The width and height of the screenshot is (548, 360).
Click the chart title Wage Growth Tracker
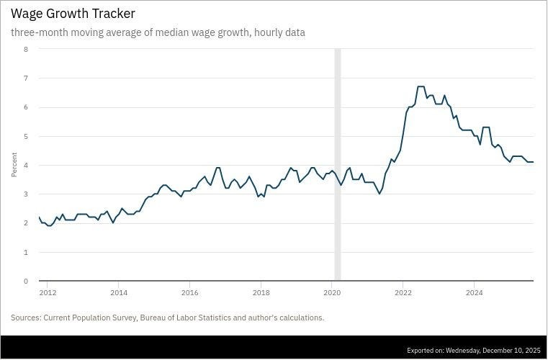point(73,14)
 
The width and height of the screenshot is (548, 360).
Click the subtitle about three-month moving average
point(158,32)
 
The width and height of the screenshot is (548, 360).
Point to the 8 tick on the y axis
point(26,49)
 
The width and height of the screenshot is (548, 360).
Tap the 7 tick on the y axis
point(26,78)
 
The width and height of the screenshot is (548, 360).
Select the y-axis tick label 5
point(26,136)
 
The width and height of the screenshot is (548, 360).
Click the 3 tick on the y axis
point(26,194)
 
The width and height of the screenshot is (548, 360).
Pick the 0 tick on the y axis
point(26,282)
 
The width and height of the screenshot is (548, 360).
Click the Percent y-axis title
point(14,165)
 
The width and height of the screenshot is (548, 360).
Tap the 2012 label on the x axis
point(48,292)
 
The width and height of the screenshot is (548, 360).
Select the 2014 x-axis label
point(119,292)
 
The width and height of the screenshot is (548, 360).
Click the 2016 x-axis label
point(190,292)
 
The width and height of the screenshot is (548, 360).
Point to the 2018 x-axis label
point(261,292)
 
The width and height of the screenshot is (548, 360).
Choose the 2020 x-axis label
point(332,292)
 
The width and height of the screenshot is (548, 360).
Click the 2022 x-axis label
point(403,292)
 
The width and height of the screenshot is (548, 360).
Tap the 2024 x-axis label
point(475,292)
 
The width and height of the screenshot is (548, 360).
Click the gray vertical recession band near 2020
point(337,165)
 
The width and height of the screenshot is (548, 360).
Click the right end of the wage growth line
point(533,162)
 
